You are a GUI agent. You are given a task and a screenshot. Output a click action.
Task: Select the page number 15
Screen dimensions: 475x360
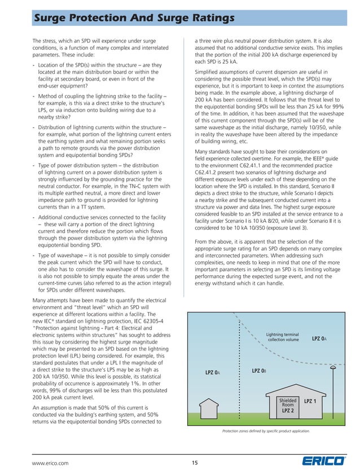[x=194, y=463]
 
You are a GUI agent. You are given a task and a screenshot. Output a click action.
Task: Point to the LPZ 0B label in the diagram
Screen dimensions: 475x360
[x=259, y=371]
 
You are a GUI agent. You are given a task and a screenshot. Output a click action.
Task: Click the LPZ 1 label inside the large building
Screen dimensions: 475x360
[x=310, y=401]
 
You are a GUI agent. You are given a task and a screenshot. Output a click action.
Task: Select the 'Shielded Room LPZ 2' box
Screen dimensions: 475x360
[x=288, y=404]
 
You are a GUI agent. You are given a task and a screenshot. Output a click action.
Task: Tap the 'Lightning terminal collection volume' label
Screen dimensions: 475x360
[x=283, y=337]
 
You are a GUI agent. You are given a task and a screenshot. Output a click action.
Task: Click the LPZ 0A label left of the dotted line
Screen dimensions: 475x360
[x=212, y=373]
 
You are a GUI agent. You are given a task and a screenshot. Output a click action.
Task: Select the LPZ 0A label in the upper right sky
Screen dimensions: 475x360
[x=319, y=338]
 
